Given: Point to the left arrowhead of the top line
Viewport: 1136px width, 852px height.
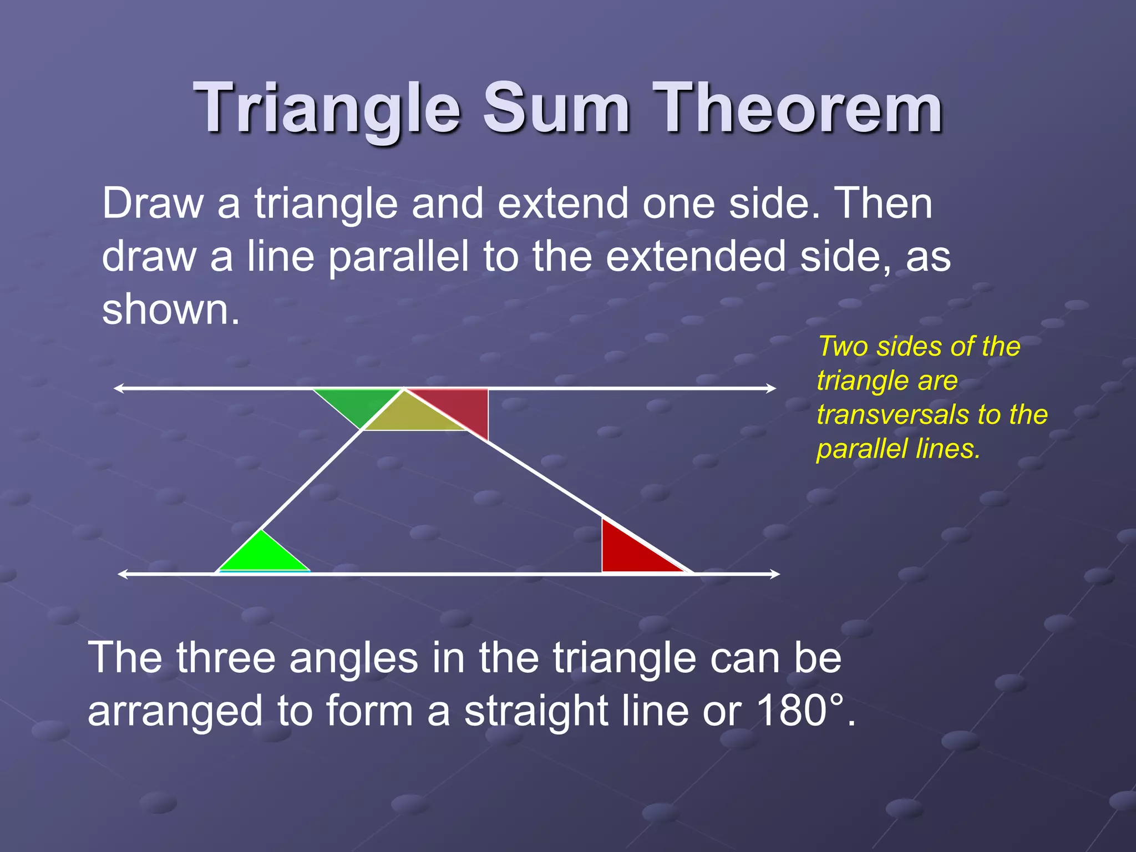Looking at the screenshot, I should (x=118, y=388).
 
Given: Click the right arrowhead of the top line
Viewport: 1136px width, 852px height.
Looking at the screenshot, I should (x=772, y=388).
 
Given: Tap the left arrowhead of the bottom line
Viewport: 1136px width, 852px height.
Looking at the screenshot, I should (x=123, y=574).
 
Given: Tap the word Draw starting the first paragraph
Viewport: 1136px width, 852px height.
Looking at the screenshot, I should (x=153, y=204).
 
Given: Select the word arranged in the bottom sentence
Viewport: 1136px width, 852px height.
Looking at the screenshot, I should (x=175, y=712).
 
